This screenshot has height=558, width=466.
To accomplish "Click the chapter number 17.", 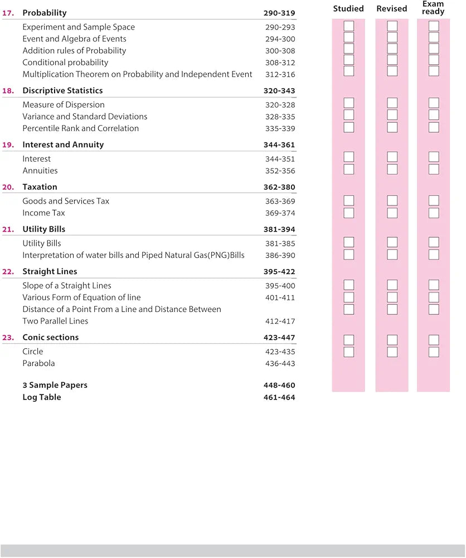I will tap(8, 13).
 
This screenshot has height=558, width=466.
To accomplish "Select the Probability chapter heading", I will tap(45, 13).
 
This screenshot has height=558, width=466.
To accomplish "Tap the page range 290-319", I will tap(279, 13).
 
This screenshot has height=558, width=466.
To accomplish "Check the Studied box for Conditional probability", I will tap(348, 60).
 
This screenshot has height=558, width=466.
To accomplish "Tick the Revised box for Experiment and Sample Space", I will tap(392, 26).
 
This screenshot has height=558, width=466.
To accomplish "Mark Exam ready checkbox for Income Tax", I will tap(434, 213).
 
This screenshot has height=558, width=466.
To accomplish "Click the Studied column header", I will tap(348, 9).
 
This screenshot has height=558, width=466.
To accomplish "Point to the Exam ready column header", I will tap(433, 7).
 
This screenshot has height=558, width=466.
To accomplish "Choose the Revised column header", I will tap(392, 9).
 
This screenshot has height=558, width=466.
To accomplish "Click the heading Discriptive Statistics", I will tap(62, 90).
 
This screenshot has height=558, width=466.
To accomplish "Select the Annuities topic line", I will tap(40, 171).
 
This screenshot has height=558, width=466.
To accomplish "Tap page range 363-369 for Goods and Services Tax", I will tap(280, 201).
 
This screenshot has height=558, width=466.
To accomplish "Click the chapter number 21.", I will tap(8, 229).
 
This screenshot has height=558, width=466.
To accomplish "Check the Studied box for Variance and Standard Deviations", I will tap(348, 114).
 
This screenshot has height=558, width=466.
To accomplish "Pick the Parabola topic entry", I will tap(38, 364).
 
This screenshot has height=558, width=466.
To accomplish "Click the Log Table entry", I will tap(42, 397).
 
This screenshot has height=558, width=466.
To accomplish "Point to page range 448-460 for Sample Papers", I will tap(279, 386).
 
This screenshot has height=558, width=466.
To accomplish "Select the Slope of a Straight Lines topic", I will tap(67, 286).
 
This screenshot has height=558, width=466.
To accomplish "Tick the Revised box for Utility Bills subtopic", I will tap(392, 242).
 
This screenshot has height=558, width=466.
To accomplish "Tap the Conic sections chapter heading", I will tap(51, 338).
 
